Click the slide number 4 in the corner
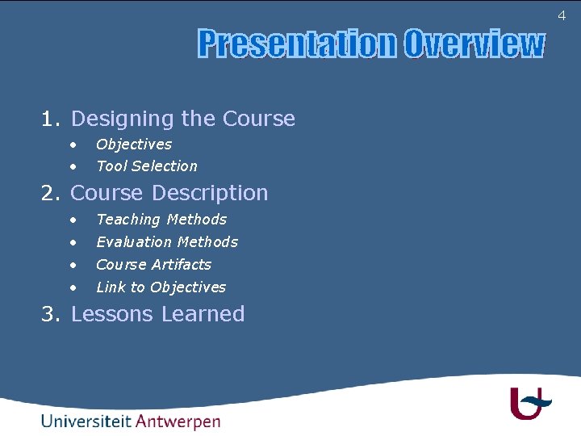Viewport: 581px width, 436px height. pyautogui.click(x=562, y=15)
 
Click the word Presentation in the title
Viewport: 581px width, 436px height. pyautogui.click(x=297, y=44)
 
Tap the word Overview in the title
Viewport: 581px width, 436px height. pyautogui.click(x=474, y=44)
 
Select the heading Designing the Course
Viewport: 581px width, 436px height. pyautogui.click(x=183, y=119)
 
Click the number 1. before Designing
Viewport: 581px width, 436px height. pyautogui.click(x=51, y=119)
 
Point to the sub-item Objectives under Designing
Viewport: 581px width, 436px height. pyautogui.click(x=134, y=145)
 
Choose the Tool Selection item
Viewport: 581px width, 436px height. pyautogui.click(x=146, y=166)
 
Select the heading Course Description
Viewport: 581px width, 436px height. pyautogui.click(x=169, y=193)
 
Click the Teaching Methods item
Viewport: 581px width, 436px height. pyautogui.click(x=161, y=220)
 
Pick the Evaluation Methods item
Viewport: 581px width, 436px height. pyautogui.click(x=167, y=242)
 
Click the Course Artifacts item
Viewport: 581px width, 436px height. pyautogui.click(x=153, y=265)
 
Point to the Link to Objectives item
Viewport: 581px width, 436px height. pyautogui.click(x=161, y=287)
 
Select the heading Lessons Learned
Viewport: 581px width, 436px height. pyautogui.click(x=157, y=314)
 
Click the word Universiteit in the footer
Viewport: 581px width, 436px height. pyautogui.click(x=86, y=421)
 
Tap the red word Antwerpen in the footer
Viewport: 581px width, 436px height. pyautogui.click(x=178, y=421)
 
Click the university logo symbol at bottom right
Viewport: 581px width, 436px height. pyautogui.click(x=529, y=403)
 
